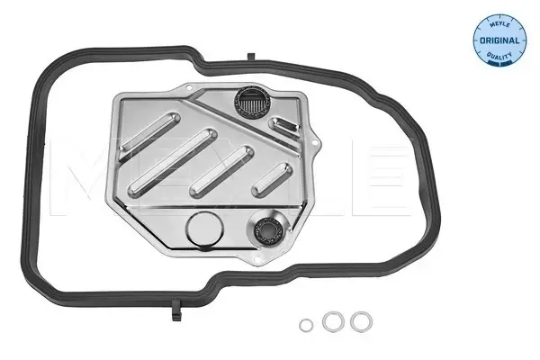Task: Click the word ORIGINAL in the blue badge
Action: coord(499,40)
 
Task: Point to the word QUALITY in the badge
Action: coord(499,55)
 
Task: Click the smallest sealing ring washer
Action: coord(306,325)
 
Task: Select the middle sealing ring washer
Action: coord(333,321)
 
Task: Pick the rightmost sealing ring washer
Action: coord(361,322)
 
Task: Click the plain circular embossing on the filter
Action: coord(204,229)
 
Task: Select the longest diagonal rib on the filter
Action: coord(173,162)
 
